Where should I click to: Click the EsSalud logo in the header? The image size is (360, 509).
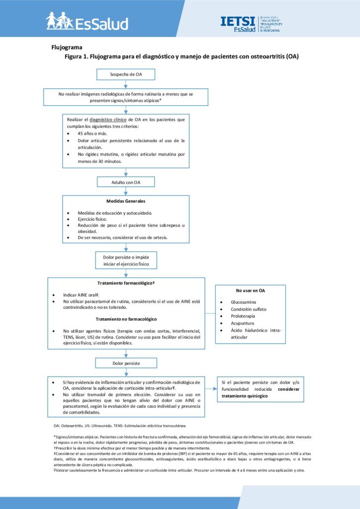[87, 21]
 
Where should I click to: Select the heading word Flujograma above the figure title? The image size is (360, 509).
[67, 47]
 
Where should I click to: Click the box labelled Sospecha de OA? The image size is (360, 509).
[126, 75]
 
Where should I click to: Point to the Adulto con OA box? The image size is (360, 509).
[126, 182]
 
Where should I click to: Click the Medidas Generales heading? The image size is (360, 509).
[126, 201]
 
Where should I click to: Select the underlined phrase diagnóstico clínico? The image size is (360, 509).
[108, 119]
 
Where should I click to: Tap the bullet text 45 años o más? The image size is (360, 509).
[92, 133]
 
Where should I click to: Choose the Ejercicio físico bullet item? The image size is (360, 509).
[92, 219]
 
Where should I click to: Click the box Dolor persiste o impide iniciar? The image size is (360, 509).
[126, 260]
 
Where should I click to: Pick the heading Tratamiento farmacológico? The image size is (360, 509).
[126, 283]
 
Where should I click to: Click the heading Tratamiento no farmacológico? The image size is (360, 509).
[126, 319]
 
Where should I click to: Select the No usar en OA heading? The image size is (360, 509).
[250, 290]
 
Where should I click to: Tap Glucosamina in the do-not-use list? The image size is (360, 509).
[244, 302]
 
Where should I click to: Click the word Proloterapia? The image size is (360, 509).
[243, 316]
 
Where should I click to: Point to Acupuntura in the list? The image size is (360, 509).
[243, 323]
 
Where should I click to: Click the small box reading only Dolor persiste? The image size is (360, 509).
[126, 363]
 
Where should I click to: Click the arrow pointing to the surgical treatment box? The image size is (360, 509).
[211, 389]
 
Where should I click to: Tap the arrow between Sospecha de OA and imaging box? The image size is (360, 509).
[126, 84]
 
